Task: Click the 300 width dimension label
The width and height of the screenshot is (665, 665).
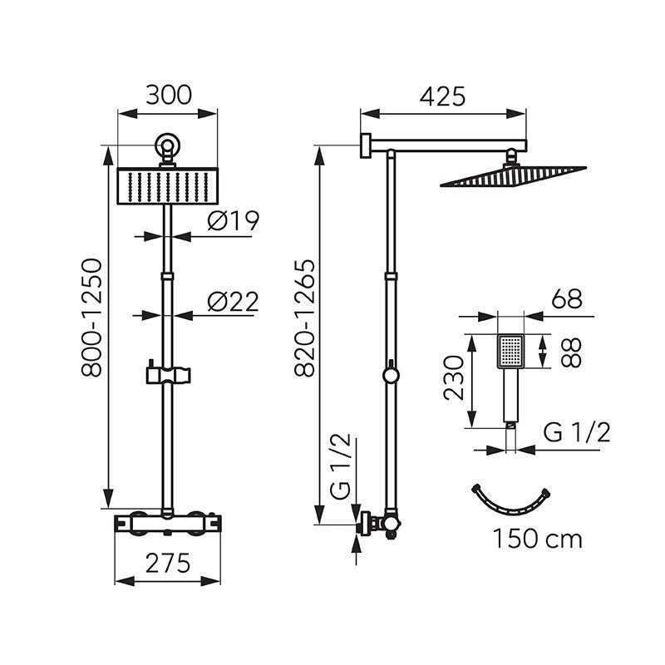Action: (169, 95)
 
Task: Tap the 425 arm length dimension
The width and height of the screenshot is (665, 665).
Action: (442, 96)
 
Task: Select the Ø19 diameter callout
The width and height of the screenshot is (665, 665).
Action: (233, 221)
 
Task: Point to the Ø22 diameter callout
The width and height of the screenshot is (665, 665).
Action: (233, 303)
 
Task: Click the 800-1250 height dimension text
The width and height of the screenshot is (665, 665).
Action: (92, 318)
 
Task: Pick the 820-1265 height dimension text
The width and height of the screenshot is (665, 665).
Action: (305, 318)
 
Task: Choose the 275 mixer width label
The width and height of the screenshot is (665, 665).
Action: (168, 564)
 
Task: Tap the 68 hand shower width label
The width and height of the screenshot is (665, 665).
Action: (567, 299)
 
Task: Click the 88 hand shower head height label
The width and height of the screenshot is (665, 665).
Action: (570, 352)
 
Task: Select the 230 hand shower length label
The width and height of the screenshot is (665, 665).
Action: (454, 378)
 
